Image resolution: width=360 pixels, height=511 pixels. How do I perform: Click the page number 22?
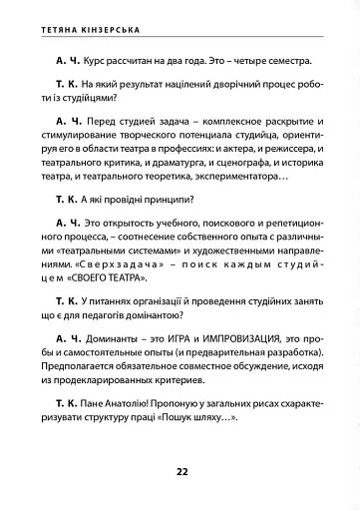(x=181, y=471)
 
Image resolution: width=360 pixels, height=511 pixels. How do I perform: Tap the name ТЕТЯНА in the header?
(x=50, y=22)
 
